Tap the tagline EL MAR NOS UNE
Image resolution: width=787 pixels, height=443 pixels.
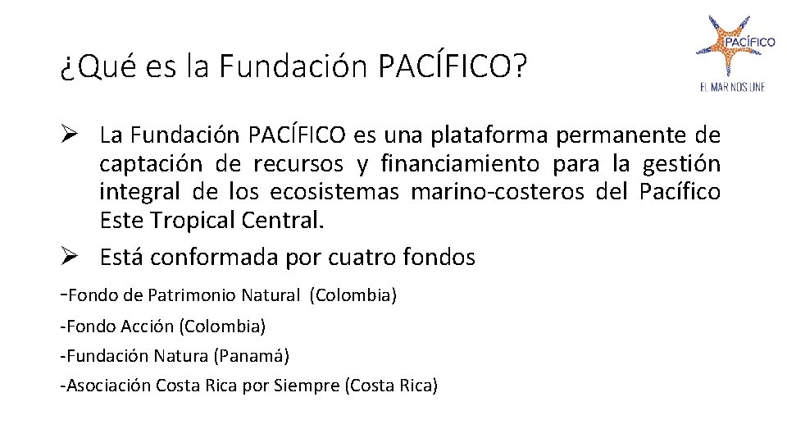tap(732, 87)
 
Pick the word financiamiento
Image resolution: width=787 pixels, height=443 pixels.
tap(461, 164)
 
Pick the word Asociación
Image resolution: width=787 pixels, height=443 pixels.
tap(109, 386)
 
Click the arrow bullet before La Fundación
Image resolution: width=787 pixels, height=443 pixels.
tap(69, 135)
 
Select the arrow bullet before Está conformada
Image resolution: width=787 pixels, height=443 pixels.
tap(69, 258)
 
